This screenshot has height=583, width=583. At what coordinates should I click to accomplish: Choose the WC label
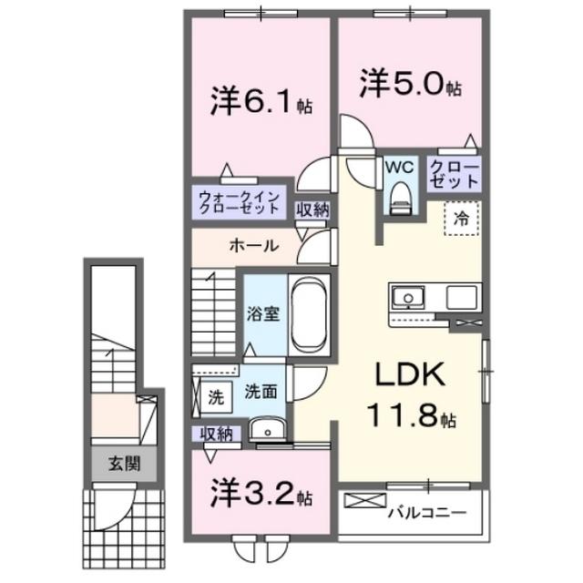click(398, 168)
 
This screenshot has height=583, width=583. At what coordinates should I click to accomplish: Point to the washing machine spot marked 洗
click(215, 397)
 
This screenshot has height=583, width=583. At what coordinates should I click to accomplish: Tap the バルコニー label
click(428, 513)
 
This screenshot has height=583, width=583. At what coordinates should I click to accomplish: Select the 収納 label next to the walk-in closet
click(312, 210)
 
